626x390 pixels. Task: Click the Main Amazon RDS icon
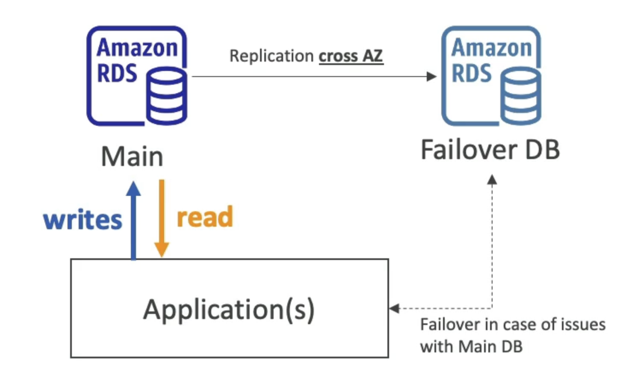pos(136,76)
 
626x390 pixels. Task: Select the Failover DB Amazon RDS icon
pos(491,76)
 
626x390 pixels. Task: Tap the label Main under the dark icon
pos(132,157)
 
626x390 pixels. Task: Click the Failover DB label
pos(490,150)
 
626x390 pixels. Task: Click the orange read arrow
pos(162,218)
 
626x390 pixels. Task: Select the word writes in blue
pos(83,220)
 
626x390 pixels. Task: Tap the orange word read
pos(205,217)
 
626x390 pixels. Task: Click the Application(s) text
pos(229,309)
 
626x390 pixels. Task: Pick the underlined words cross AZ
pos(351,56)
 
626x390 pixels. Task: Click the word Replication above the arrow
pos(272,56)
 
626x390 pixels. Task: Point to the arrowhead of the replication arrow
pos(431,77)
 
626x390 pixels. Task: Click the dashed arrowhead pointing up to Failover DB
pos(492,180)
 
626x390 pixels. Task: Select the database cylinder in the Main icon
pos(166,96)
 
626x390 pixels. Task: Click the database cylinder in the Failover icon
pos(521,96)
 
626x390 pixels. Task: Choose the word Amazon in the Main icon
pos(137,47)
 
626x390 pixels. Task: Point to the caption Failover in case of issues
pos(512,325)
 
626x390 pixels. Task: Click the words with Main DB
pos(471,346)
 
